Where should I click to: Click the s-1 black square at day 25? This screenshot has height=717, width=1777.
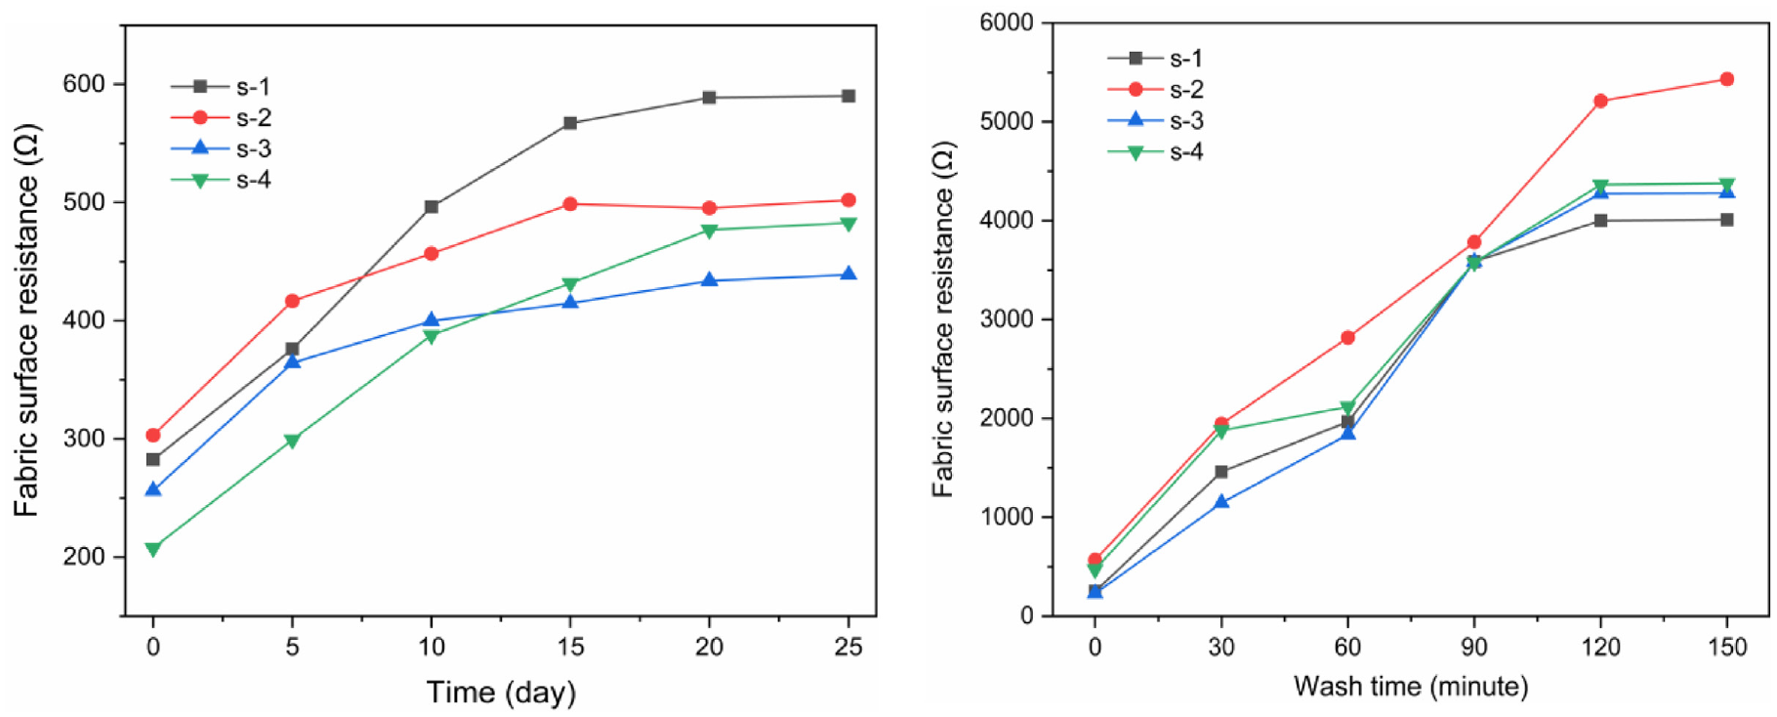[848, 96]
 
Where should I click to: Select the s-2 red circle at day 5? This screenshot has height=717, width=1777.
[292, 301]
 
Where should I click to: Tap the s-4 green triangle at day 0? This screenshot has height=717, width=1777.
[153, 549]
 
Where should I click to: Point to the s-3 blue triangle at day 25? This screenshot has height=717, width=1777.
[848, 274]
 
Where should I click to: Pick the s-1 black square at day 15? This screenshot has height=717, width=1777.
[570, 123]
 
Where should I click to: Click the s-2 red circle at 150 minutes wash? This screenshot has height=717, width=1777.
[1727, 79]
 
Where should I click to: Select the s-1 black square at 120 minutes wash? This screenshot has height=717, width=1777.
[1600, 221]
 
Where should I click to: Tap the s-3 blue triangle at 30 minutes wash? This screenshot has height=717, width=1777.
[1221, 501]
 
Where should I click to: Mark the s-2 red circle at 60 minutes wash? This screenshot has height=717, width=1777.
[1347, 338]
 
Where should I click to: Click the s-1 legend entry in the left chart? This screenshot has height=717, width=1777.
[221, 87]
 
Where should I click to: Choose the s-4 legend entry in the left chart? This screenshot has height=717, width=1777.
[221, 180]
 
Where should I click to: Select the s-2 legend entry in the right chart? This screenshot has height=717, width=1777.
[1156, 90]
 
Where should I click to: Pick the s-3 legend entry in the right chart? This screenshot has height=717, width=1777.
[1156, 120]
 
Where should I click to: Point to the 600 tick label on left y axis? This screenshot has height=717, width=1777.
[84, 84]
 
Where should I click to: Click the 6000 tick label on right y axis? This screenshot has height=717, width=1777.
[1008, 22]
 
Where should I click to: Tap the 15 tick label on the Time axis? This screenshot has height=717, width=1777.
[570, 647]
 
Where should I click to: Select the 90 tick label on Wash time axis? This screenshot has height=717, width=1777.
[1474, 647]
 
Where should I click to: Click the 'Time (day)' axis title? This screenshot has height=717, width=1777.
[501, 693]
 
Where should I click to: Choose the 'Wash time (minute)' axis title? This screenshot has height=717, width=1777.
[1411, 687]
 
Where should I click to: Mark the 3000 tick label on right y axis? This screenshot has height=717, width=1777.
[1008, 319]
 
